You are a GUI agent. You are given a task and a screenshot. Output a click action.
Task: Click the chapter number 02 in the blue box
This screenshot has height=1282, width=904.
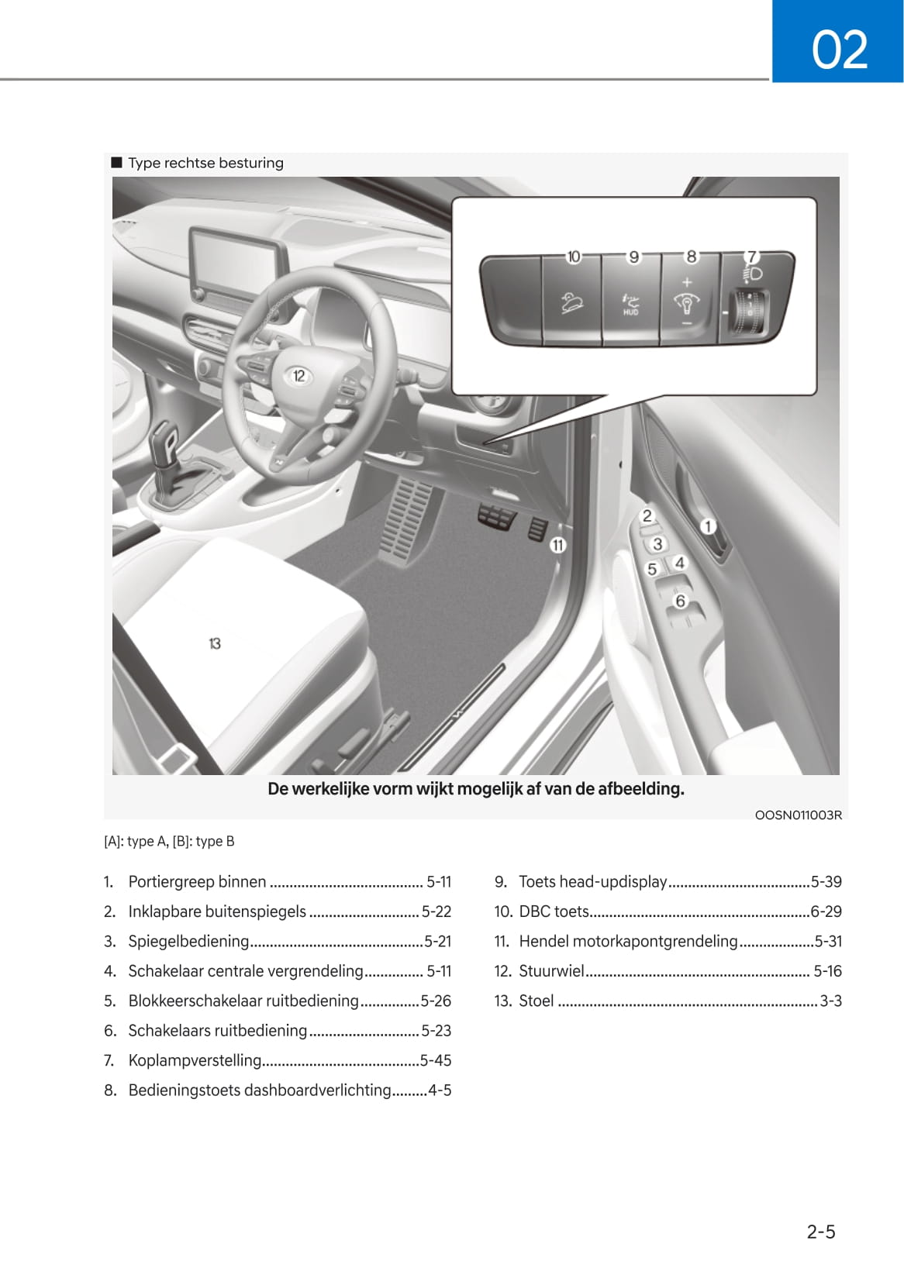(x=839, y=50)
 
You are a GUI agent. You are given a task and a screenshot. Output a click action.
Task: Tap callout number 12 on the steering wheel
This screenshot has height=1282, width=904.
(x=299, y=376)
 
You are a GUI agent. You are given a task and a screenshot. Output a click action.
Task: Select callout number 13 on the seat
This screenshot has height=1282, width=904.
(x=215, y=643)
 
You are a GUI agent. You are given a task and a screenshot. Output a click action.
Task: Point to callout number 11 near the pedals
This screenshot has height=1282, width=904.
(x=557, y=545)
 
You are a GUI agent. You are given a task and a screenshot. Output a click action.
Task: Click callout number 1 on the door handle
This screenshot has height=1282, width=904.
(x=707, y=527)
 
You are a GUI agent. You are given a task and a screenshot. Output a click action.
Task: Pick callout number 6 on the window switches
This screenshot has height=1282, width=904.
(x=680, y=601)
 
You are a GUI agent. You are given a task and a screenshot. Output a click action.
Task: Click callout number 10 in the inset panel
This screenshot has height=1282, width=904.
(x=573, y=257)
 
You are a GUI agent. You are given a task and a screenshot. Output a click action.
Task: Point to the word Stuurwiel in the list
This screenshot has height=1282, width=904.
(x=551, y=971)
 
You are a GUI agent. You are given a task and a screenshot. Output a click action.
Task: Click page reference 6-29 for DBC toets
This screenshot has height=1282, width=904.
(x=826, y=912)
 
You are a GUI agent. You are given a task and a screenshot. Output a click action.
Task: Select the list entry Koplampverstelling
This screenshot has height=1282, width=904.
(x=195, y=1060)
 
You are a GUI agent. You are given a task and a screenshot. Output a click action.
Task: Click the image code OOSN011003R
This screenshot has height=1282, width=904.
(x=798, y=815)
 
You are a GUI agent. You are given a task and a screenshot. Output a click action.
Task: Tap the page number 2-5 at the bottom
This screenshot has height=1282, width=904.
(x=820, y=1232)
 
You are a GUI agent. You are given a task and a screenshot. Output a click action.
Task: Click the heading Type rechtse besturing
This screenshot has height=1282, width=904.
(x=205, y=163)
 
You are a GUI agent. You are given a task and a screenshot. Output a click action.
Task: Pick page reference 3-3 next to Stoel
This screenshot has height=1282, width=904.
(x=830, y=1001)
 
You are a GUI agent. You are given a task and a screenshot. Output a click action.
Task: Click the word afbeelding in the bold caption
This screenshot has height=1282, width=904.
(x=640, y=789)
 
